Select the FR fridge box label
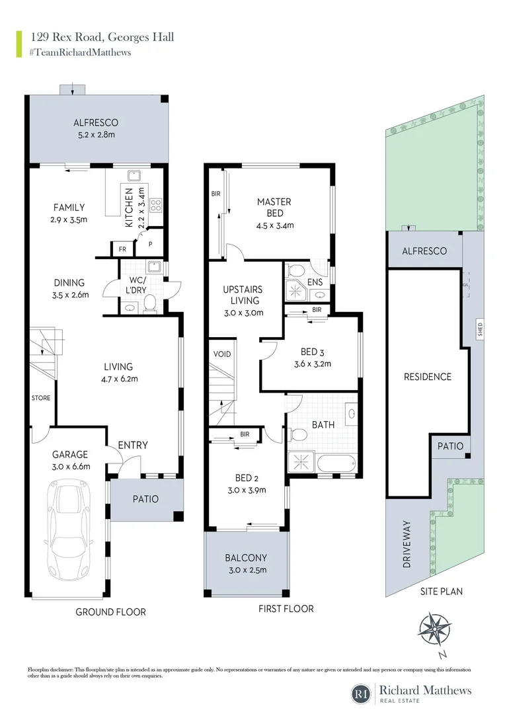pos(122,249)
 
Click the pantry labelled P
pos(150,244)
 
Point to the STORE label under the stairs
pos(41,398)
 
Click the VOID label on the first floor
pos(222,354)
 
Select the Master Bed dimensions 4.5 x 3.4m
pos(275,225)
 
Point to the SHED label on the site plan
pos(481,329)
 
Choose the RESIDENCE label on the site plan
pos(428,377)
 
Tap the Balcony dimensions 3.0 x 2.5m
pos(246,570)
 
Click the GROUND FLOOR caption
pos(110,612)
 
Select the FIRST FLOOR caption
pos(286,608)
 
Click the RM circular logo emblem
pos(362,693)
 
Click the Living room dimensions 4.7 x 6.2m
pos(118,379)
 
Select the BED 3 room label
pos(312,352)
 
